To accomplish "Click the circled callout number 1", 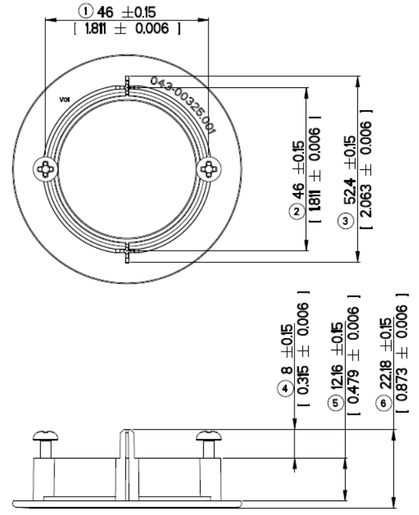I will (85, 10).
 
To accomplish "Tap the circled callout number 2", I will (297, 211).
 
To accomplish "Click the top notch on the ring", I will (127, 87).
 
